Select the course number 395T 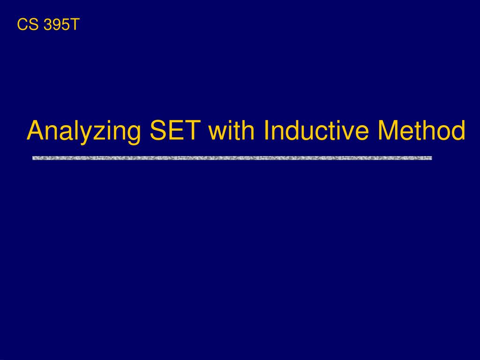tap(61, 24)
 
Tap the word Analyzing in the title tap(84, 132)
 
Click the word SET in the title tap(175, 130)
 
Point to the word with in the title tap(232, 130)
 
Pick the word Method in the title tap(421, 130)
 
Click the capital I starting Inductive tap(265, 130)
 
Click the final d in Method tap(458, 130)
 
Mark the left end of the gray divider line tap(33, 158)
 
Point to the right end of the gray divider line tap(432, 158)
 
